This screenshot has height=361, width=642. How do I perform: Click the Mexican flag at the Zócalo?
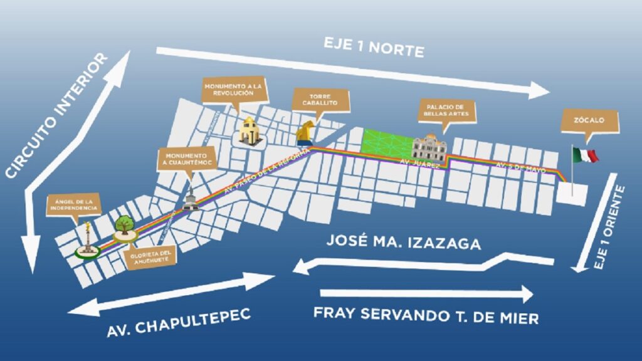[x=584, y=154]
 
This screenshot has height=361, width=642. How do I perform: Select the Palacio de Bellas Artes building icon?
[x=429, y=147]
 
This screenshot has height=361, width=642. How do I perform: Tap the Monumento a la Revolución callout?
[x=228, y=89]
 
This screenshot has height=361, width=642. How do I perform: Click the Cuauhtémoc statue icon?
[x=189, y=199]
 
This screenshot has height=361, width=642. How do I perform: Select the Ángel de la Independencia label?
[x=75, y=204]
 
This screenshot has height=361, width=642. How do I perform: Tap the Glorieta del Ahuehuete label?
[x=150, y=257]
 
